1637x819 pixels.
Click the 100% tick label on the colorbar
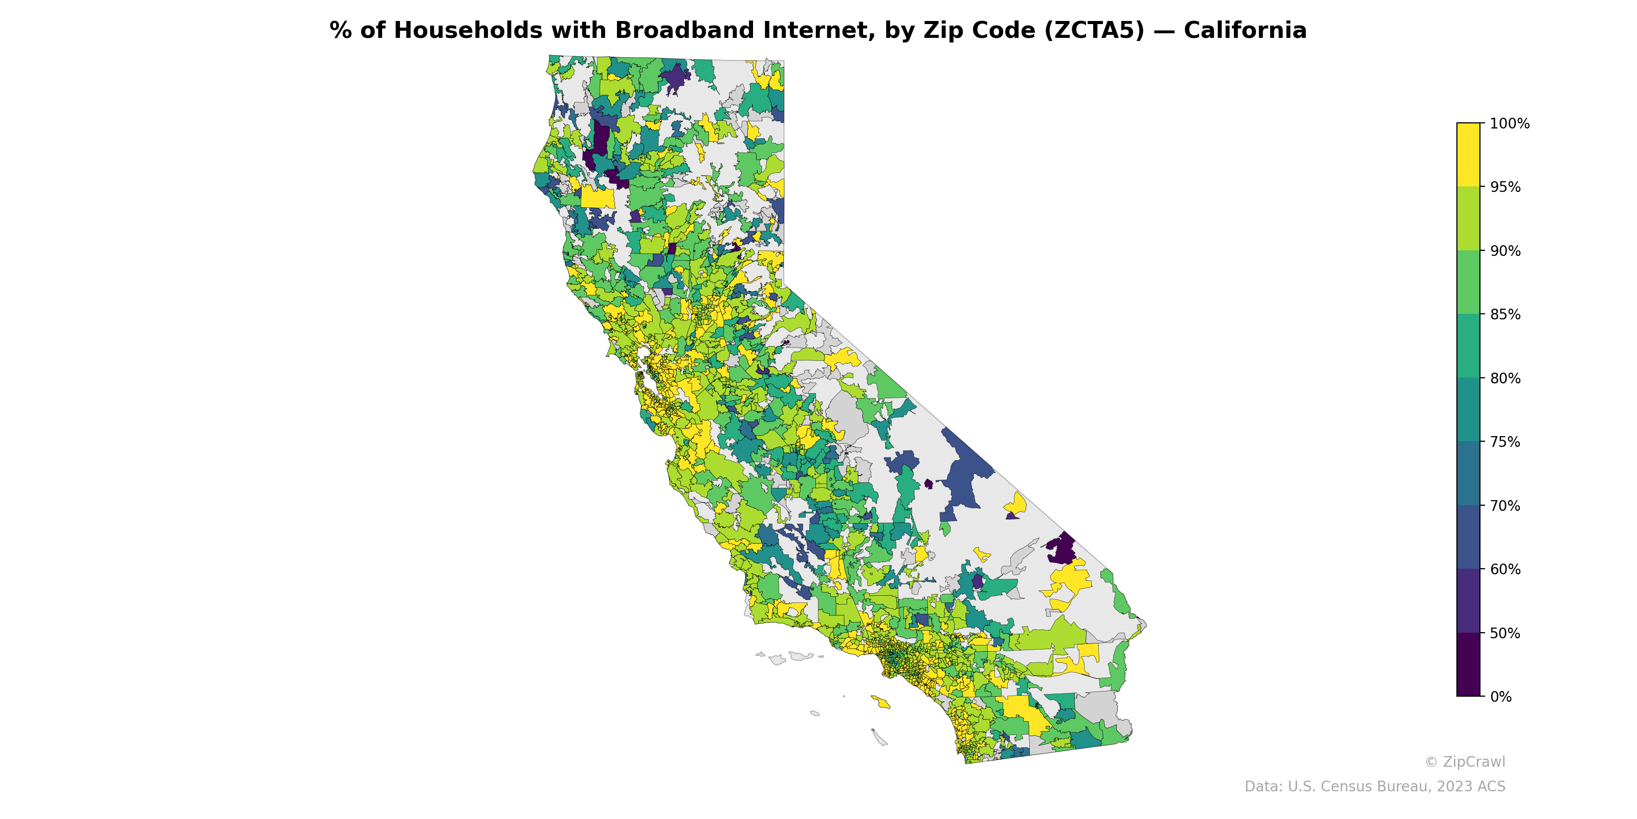point(1509,123)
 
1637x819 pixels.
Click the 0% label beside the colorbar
point(1500,697)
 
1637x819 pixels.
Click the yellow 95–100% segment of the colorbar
point(1468,155)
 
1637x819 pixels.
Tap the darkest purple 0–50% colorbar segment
point(1468,664)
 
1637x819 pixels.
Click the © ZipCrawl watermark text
point(1464,762)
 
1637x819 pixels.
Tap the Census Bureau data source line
point(1375,787)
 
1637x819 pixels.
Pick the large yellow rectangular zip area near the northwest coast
point(598,197)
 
